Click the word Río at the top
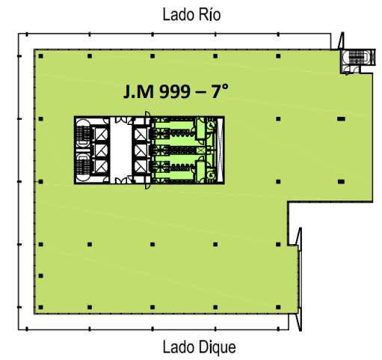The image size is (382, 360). point(206,14)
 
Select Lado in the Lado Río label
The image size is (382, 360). point(176,14)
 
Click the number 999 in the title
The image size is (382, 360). point(175,91)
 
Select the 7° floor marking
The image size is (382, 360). point(220,91)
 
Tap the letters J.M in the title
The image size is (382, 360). point(138,91)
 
